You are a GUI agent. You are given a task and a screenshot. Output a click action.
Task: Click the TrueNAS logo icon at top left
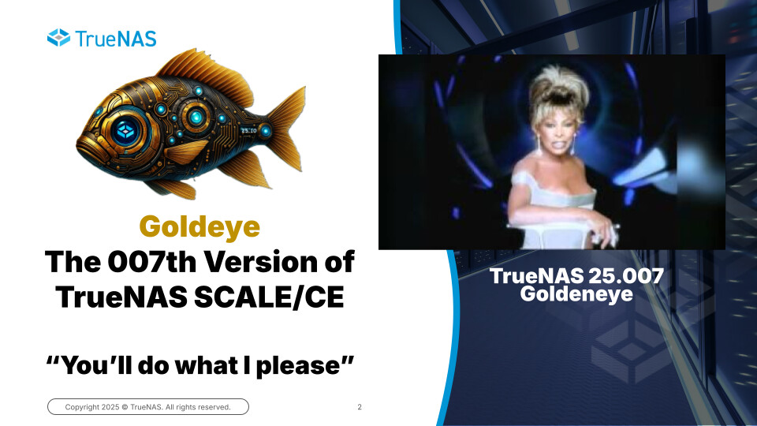click(59, 38)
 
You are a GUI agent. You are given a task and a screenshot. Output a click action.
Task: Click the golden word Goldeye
click(200, 226)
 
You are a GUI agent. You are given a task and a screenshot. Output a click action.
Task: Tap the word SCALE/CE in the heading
click(269, 297)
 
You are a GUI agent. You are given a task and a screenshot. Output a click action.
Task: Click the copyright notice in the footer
click(147, 407)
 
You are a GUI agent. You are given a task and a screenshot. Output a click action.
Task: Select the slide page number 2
click(360, 407)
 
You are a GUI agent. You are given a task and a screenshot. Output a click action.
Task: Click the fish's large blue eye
click(126, 130)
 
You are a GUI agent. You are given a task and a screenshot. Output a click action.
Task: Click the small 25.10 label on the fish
click(248, 130)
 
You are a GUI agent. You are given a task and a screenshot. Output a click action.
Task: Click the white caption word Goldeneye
click(576, 293)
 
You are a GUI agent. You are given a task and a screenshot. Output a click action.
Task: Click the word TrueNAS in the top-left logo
click(116, 39)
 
